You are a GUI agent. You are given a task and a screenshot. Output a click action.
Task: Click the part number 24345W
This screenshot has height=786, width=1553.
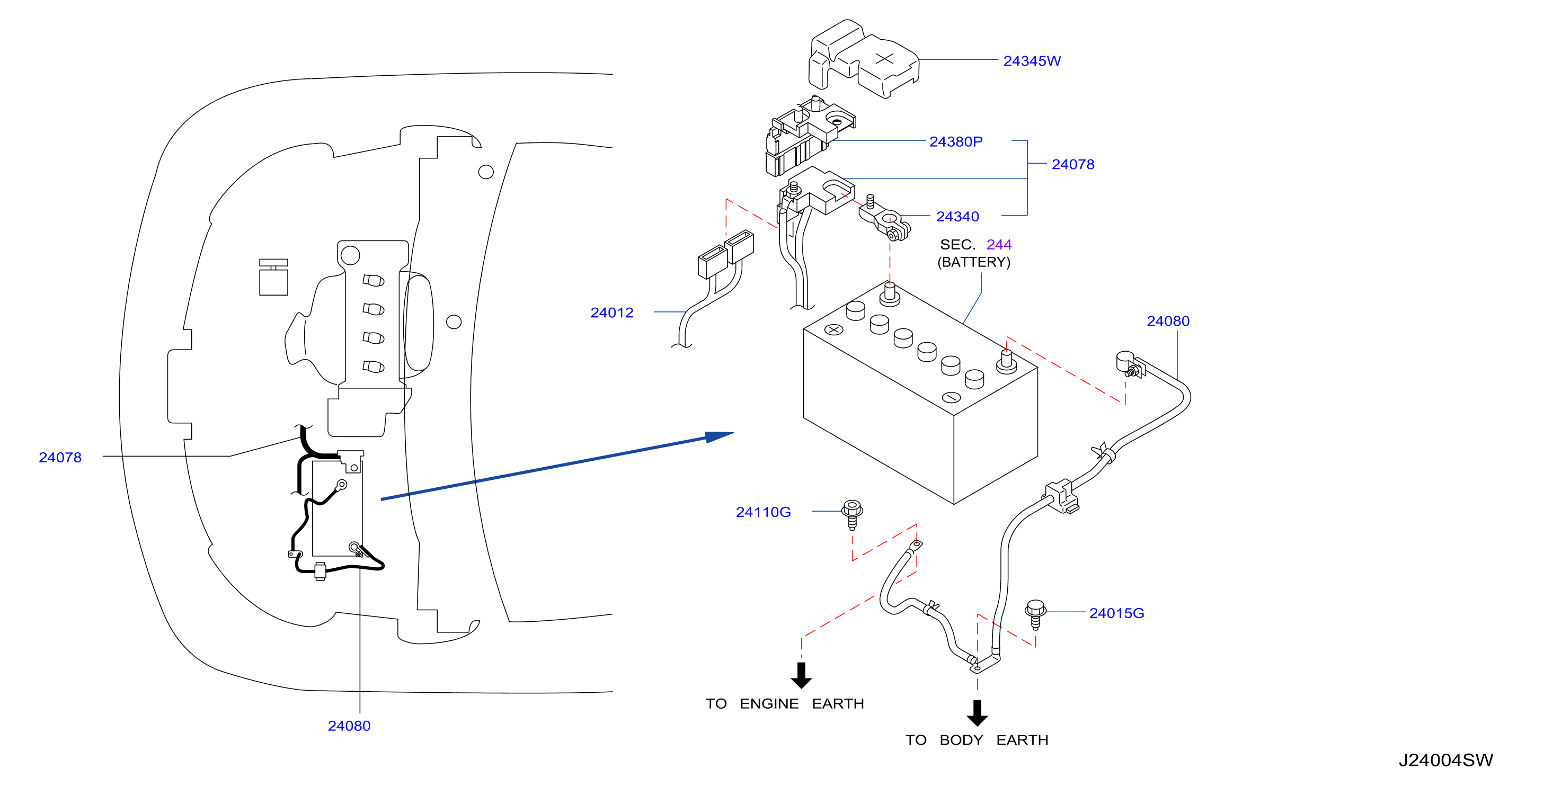(1032, 61)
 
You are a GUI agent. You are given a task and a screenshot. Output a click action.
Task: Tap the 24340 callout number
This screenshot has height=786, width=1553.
(957, 217)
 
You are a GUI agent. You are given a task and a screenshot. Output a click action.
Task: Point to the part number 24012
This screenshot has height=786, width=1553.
(612, 312)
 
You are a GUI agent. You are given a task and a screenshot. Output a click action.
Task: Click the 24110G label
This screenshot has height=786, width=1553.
(763, 512)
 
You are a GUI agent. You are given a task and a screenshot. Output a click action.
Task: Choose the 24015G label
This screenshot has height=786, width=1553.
(1116, 613)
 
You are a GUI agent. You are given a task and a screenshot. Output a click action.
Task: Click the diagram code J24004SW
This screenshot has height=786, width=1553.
(1445, 760)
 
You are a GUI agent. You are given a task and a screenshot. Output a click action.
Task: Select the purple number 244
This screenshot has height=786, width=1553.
(999, 244)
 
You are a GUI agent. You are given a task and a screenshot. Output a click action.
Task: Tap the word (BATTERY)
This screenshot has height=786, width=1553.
(974, 262)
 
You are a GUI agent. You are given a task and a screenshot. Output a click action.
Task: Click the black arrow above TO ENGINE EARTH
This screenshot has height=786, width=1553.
(801, 675)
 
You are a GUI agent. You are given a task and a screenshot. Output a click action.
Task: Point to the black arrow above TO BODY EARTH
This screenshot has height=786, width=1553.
(977, 712)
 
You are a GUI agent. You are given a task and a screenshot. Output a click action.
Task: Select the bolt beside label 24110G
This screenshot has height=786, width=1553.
(852, 514)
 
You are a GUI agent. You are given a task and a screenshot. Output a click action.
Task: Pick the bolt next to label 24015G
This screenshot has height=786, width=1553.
(1035, 614)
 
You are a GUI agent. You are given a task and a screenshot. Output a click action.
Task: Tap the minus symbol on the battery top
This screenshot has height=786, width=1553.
(951, 397)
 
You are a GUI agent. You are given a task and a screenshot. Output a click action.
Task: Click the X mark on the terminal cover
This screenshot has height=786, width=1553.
(884, 58)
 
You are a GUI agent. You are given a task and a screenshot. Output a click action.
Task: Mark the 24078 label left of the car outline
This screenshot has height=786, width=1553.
(60, 458)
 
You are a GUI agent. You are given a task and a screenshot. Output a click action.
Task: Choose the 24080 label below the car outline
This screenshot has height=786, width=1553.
(349, 726)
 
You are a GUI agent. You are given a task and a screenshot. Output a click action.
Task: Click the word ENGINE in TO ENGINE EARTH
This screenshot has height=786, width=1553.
(769, 703)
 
